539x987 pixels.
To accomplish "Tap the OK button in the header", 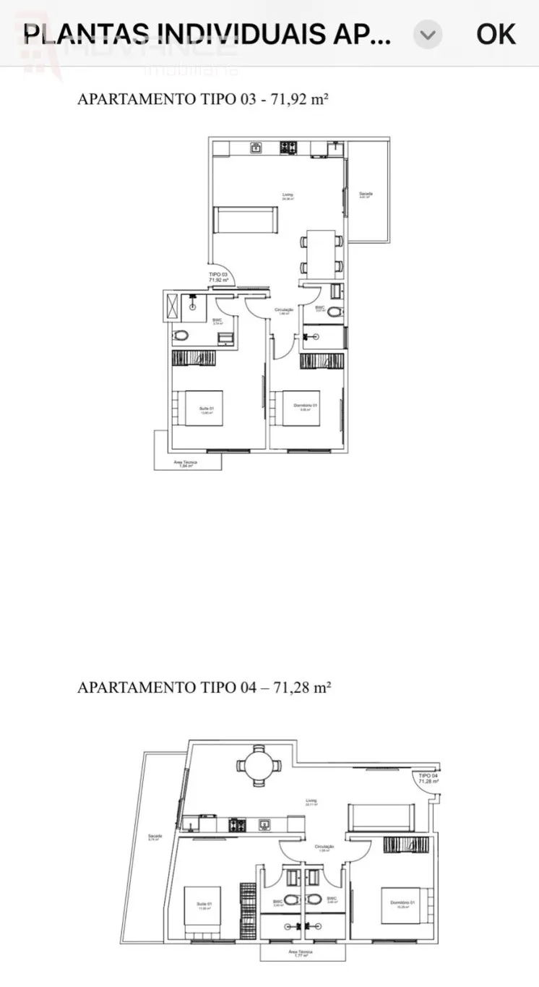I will [496, 33].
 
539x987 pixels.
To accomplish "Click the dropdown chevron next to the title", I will [428, 34].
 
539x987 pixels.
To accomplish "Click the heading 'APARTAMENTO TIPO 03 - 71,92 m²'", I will [203, 100].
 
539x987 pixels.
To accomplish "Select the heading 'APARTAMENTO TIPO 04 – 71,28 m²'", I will [204, 687].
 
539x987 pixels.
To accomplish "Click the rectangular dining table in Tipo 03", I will [321, 253].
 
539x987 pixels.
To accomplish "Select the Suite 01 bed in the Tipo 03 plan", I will [203, 409].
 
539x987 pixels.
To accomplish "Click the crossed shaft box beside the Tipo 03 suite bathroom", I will [173, 306].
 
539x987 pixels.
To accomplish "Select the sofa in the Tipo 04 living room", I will [381, 818].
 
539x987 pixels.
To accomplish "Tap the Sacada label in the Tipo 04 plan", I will [155, 837].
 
